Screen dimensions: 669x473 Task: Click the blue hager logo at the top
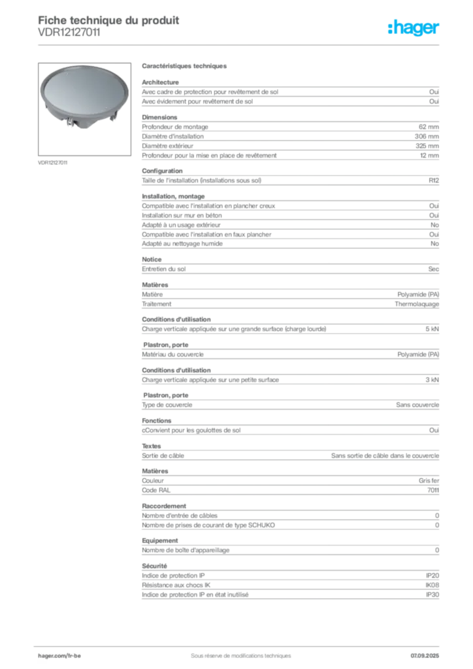(x=414, y=28)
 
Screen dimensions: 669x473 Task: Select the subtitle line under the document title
(x=70, y=37)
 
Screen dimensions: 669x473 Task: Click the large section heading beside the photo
(x=185, y=68)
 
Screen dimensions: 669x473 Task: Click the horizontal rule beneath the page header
(x=274, y=44)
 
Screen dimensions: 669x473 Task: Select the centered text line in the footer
(x=235, y=651)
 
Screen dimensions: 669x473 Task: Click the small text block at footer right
(x=429, y=651)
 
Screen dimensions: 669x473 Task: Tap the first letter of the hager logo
(x=390, y=27)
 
